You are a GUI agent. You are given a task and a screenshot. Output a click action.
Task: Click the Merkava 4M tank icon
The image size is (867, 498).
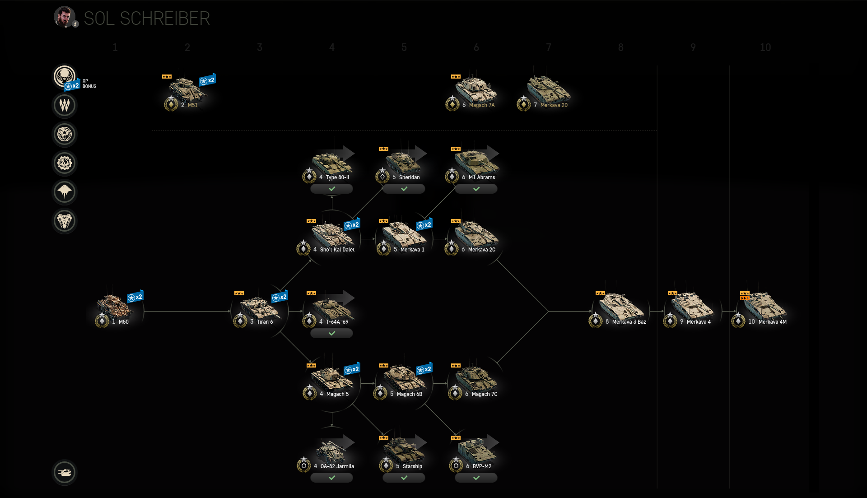pyautogui.click(x=765, y=306)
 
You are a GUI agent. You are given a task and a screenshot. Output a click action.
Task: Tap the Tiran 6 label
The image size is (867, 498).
pyautogui.click(x=265, y=322)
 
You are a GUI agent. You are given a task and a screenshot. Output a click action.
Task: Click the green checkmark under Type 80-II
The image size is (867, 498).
pyautogui.click(x=332, y=189)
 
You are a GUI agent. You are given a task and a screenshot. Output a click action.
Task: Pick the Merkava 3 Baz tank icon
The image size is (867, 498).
pyautogui.click(x=620, y=306)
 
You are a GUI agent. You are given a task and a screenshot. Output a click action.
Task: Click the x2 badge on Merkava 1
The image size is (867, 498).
pyautogui.click(x=424, y=225)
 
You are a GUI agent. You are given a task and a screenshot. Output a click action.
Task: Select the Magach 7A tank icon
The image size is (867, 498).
pyautogui.click(x=476, y=89)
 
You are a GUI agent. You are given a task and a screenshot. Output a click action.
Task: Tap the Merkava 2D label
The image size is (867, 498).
pyautogui.click(x=554, y=105)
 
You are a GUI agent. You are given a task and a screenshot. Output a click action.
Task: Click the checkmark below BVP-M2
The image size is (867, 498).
pyautogui.click(x=476, y=478)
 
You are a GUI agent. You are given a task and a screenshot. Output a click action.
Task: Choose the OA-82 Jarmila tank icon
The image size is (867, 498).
pyautogui.click(x=331, y=450)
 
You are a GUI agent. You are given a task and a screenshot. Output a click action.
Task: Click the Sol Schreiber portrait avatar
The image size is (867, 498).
pyautogui.click(x=64, y=17)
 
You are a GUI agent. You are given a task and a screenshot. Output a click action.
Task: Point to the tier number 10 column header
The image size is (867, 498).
pyautogui.click(x=765, y=47)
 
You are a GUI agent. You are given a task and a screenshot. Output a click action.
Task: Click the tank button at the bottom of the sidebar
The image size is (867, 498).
pyautogui.click(x=65, y=473)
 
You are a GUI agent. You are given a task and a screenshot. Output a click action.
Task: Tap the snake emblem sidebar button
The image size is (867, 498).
pyautogui.click(x=65, y=221)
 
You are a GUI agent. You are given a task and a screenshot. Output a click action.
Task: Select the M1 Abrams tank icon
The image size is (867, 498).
pyautogui.click(x=476, y=161)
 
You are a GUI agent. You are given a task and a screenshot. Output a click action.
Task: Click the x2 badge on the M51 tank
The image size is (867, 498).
pyautogui.click(x=207, y=80)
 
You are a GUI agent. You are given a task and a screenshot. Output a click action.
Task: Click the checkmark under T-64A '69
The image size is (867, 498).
pyautogui.click(x=332, y=334)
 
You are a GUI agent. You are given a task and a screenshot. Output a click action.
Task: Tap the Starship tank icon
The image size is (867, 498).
pyautogui.click(x=404, y=450)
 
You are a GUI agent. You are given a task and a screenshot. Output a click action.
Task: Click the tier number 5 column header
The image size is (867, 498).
pyautogui.click(x=404, y=47)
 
